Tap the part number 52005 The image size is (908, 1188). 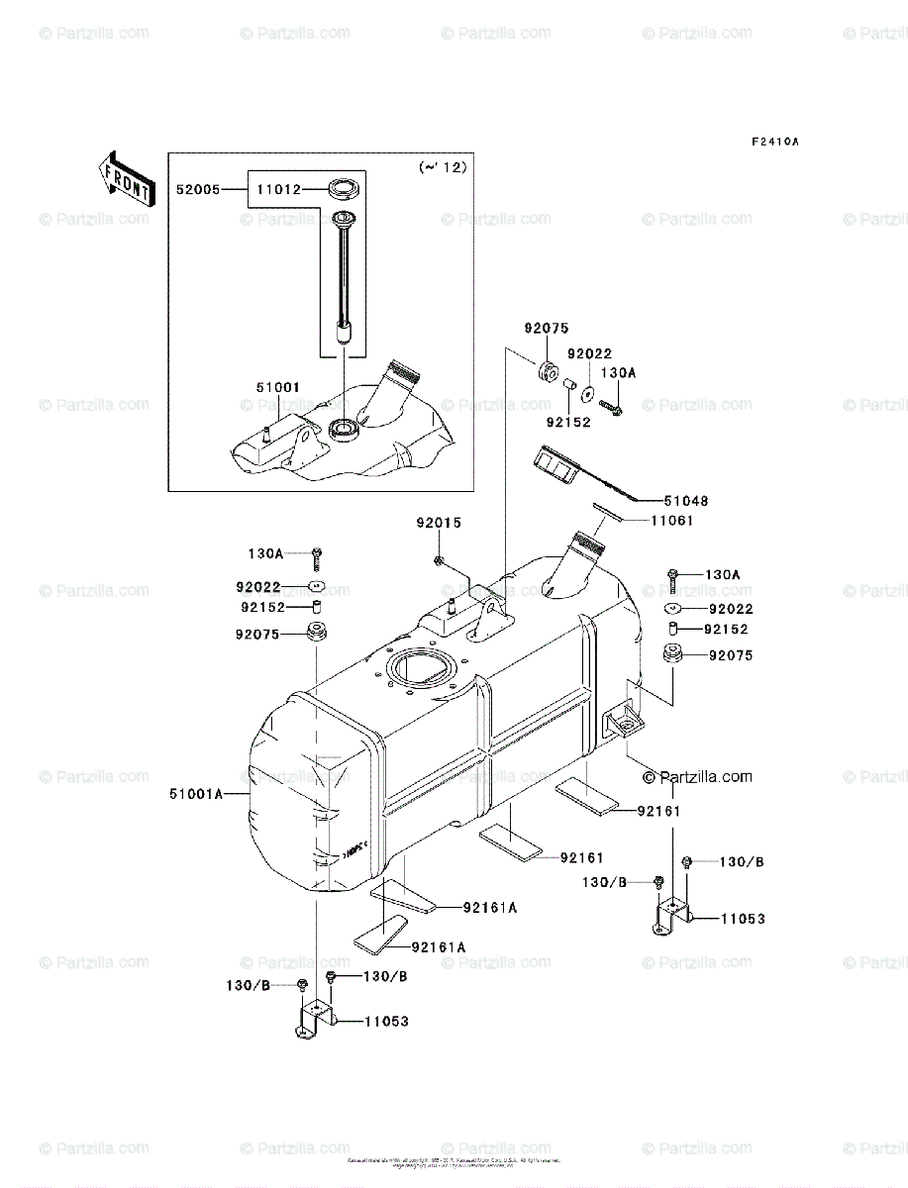pyautogui.click(x=196, y=187)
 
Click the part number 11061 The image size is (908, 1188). pyautogui.click(x=672, y=520)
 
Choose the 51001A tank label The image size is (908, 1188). pyautogui.click(x=199, y=794)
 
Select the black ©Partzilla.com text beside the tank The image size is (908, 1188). pyautogui.click(x=695, y=777)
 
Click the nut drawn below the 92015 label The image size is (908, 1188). pyautogui.click(x=438, y=561)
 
